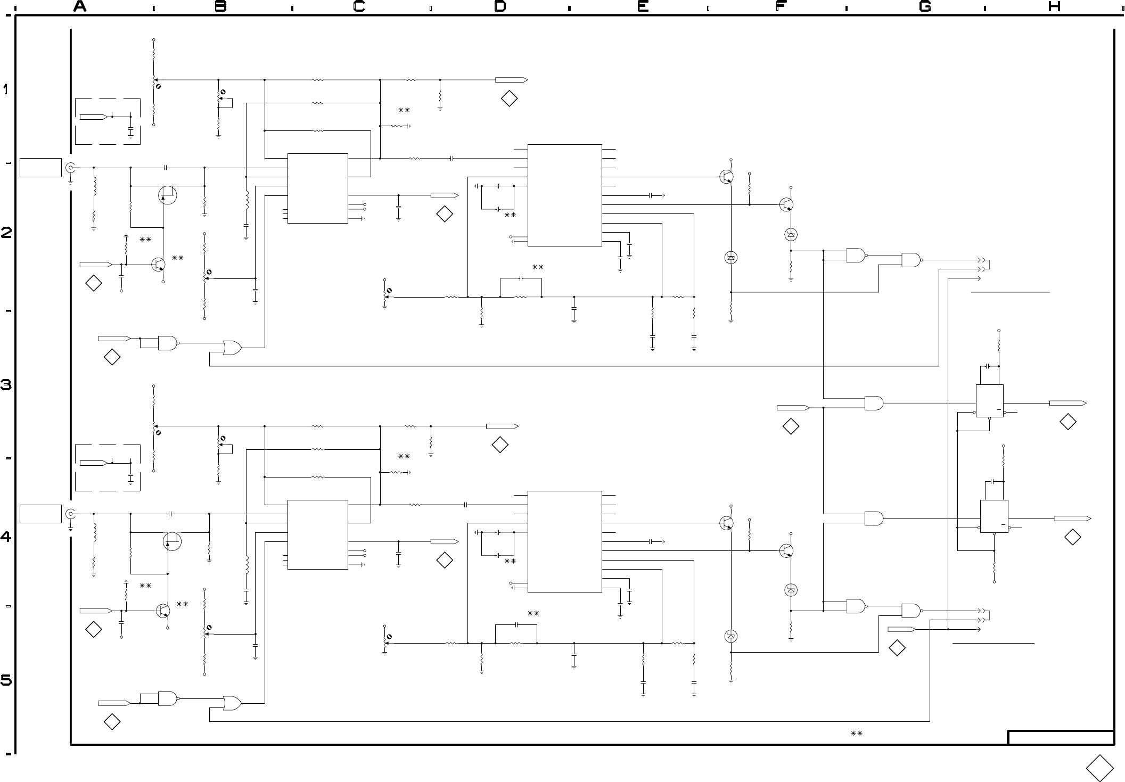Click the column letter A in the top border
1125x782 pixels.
point(80,6)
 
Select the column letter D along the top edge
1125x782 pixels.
point(500,6)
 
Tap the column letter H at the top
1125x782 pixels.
point(1054,6)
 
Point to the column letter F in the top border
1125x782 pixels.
point(781,6)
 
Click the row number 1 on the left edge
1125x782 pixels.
point(6,89)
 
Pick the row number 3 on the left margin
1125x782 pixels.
point(6,384)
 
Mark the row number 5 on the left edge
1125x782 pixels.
point(6,680)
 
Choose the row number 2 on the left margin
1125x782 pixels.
point(6,233)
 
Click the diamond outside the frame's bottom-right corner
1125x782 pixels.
point(1099,768)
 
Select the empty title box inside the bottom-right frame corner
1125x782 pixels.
point(1061,738)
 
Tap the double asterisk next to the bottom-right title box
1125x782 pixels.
point(856,734)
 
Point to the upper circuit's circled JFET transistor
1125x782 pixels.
point(167,195)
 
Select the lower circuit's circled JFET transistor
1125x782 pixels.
point(172,541)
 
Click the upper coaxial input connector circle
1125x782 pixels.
point(70,168)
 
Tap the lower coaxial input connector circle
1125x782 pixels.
point(70,514)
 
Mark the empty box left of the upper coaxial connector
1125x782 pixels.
point(40,167)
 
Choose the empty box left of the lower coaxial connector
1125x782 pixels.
point(40,514)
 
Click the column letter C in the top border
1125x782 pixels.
point(359,6)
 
